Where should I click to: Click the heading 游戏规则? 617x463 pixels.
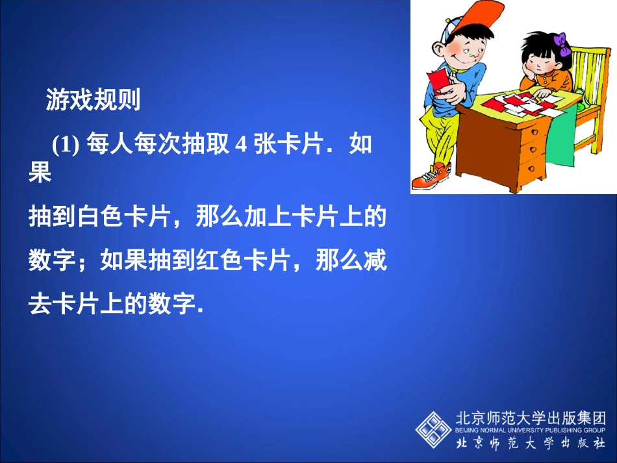point(93,100)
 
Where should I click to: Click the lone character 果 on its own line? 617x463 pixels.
point(40,174)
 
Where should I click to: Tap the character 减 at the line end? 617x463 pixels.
point(375,262)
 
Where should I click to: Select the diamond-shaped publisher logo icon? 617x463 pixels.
point(433,428)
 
